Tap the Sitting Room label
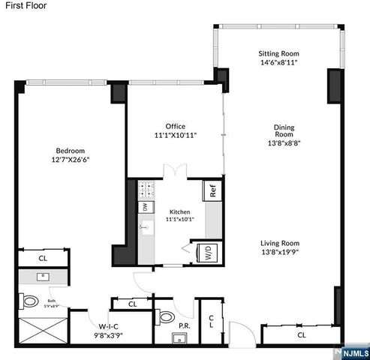[x=278, y=54]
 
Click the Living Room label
[x=280, y=243]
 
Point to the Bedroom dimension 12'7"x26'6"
[x=65, y=160]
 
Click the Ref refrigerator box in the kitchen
[x=213, y=190]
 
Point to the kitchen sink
[x=144, y=228]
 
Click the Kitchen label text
[x=179, y=212]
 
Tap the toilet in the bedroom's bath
[x=30, y=302]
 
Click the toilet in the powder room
[x=166, y=313]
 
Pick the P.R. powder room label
[x=183, y=325]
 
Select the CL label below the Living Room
[x=301, y=335]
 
